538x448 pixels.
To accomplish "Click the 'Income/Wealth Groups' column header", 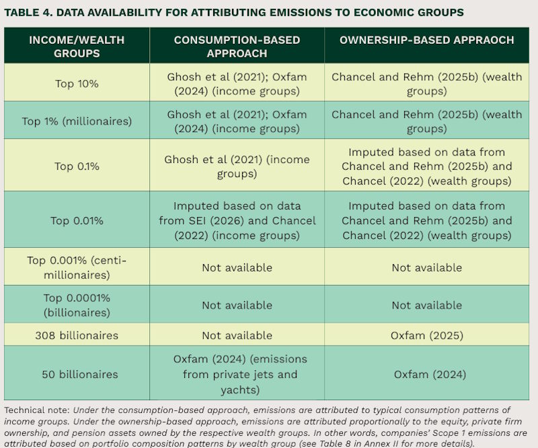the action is point(77,46).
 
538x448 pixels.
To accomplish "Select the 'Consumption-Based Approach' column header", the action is point(237,46).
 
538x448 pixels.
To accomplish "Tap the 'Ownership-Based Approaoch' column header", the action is point(427,40).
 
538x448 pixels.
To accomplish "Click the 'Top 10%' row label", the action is point(77,84).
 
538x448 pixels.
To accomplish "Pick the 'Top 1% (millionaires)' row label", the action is point(77,121).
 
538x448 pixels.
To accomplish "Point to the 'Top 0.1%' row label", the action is point(77,166).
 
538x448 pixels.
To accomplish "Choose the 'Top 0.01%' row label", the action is point(77,220).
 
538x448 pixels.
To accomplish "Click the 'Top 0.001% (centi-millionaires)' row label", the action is point(77,267).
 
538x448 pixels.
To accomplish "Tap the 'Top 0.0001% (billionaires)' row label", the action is point(77,305).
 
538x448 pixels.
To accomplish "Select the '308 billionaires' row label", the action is point(77,335).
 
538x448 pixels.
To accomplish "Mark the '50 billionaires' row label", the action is point(80,374).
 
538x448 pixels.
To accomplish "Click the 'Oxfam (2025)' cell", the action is point(427,335).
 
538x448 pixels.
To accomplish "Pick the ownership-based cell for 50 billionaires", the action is point(430,374).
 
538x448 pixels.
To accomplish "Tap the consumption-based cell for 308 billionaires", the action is point(237,335).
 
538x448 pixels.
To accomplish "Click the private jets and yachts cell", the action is point(240,374).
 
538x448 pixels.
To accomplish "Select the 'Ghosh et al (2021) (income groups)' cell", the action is point(237,166).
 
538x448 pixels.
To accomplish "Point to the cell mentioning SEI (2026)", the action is point(237,220).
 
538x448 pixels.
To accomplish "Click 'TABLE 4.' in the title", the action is point(28,12).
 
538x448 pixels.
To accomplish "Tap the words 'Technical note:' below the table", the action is point(37,410).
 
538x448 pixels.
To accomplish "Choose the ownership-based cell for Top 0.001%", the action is point(427,267).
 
